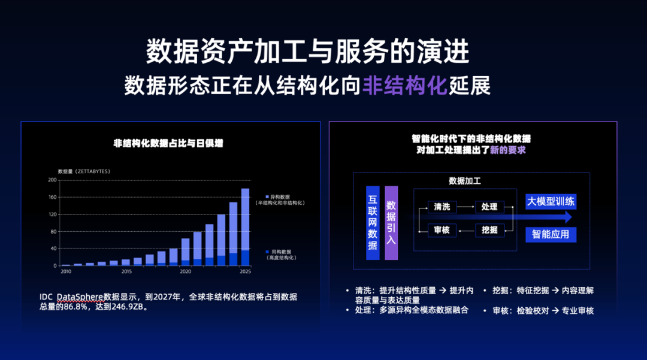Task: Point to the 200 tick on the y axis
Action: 52,180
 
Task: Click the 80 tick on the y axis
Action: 53,231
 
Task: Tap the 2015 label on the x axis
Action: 126,272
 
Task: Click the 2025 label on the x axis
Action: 245,272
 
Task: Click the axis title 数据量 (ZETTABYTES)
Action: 84,172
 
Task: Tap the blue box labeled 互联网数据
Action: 373,223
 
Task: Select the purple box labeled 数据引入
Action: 391,223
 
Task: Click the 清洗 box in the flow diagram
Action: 442,207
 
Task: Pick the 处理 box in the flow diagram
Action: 489,207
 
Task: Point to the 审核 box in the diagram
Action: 442,230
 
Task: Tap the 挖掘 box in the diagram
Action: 489,230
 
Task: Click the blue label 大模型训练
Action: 550,201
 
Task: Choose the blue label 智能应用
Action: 550,234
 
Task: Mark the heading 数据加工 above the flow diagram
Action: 465,181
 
